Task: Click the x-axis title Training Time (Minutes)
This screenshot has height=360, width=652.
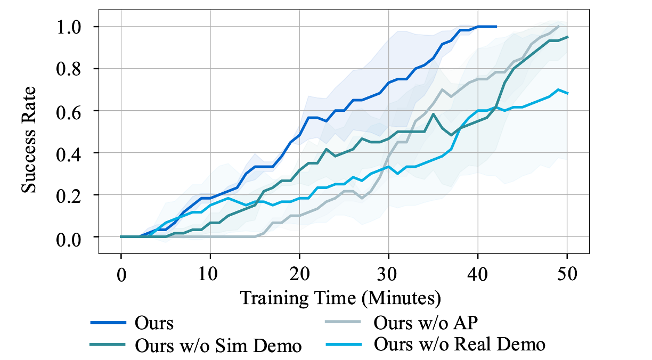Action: tap(340, 298)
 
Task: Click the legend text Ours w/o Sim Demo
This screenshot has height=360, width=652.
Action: tap(218, 346)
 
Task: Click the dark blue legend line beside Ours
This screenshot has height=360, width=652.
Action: tap(108, 323)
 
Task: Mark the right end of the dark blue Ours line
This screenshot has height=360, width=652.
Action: tap(496, 26)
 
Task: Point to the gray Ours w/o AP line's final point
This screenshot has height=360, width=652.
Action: tap(558, 26)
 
